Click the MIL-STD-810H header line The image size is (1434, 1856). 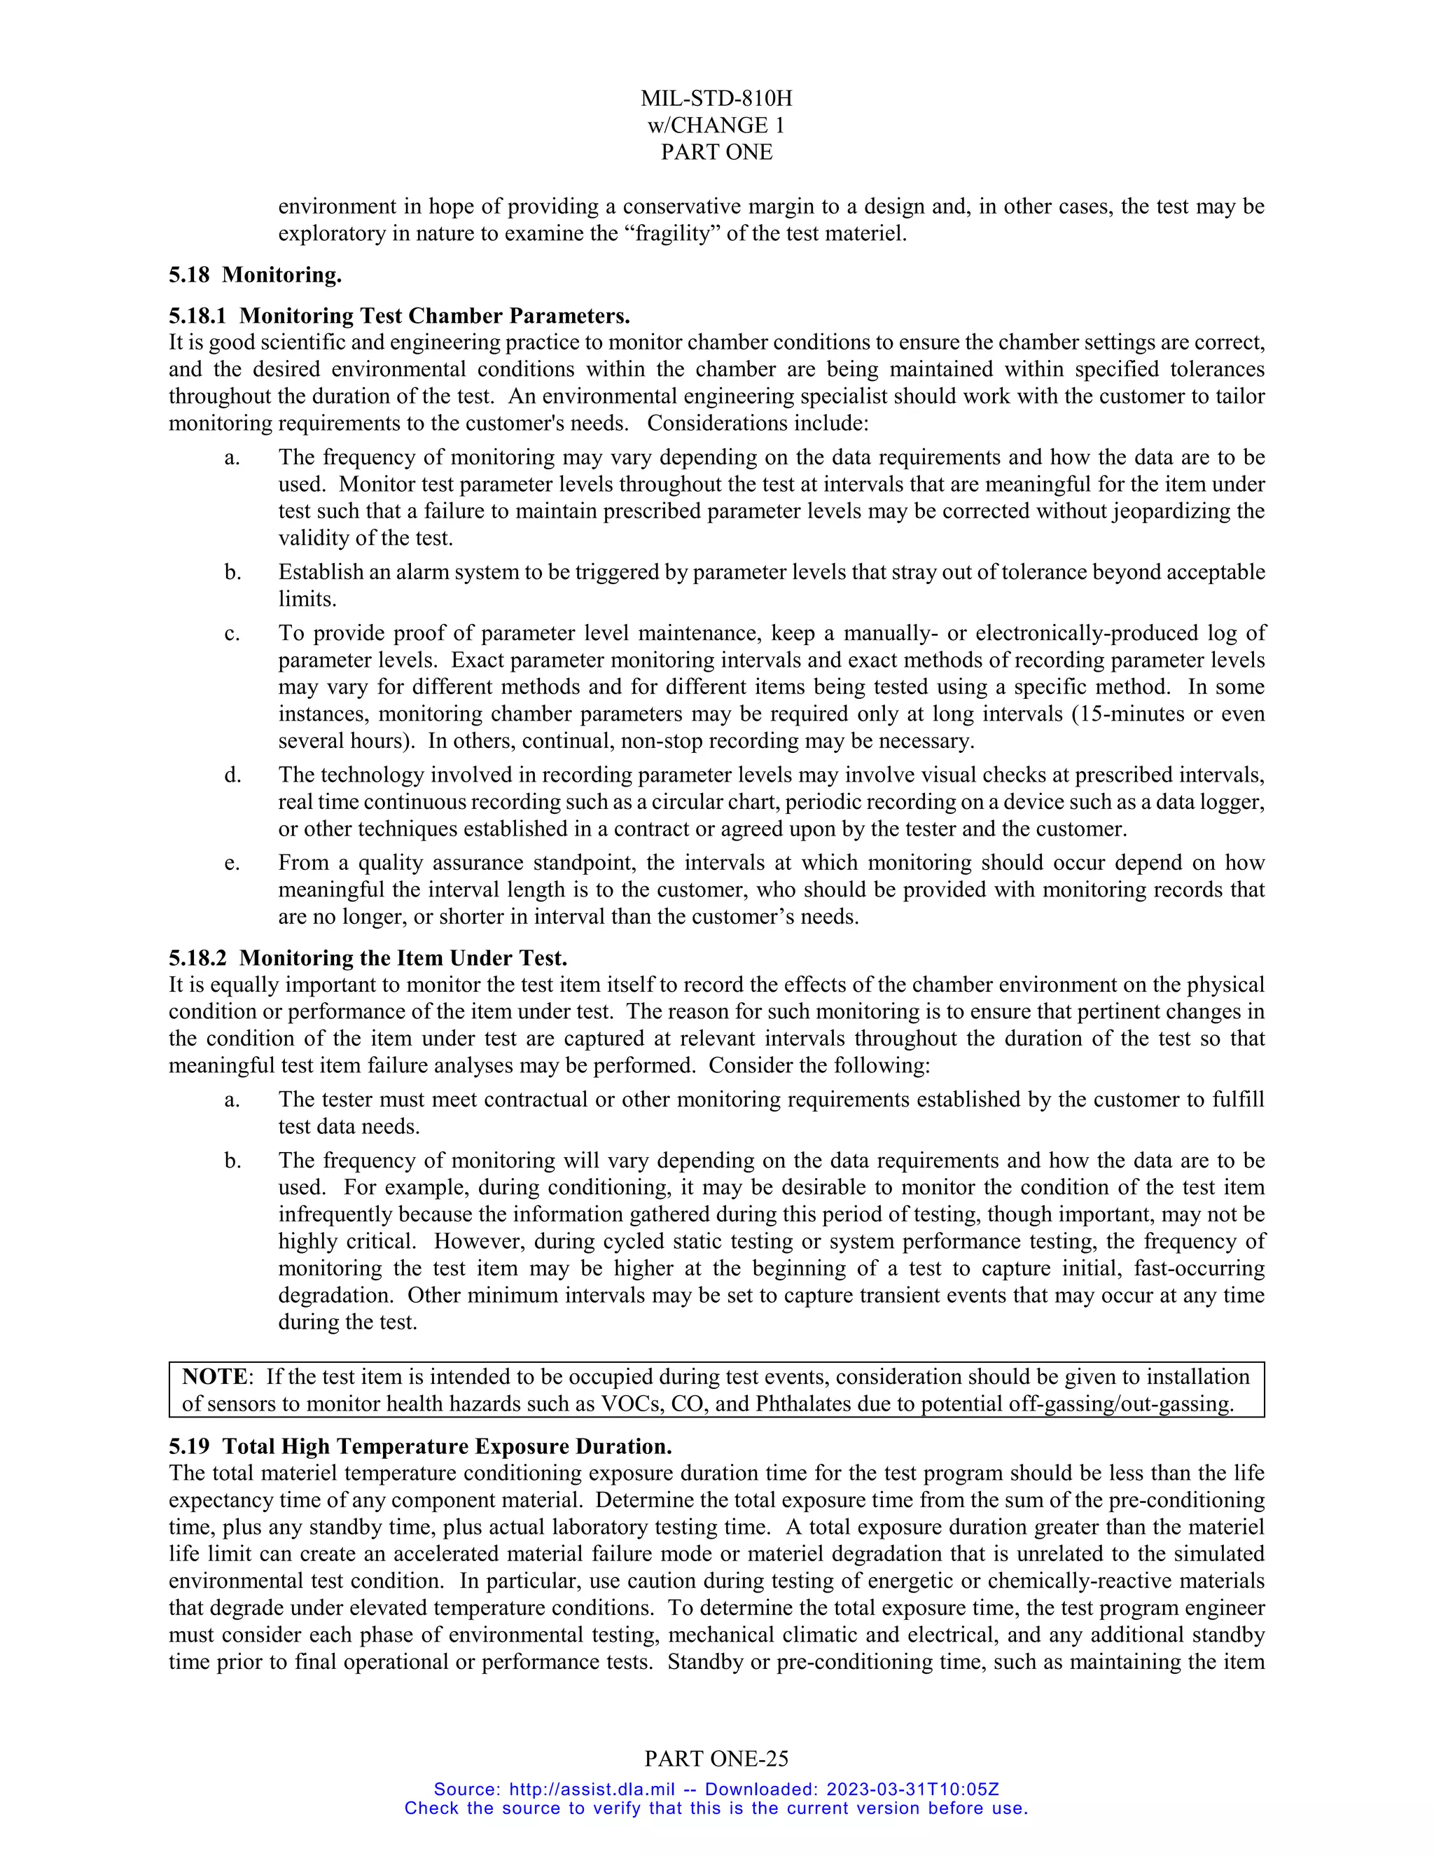(716, 99)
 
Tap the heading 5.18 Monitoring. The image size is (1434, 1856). (255, 275)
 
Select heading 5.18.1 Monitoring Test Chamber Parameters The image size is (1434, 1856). (399, 316)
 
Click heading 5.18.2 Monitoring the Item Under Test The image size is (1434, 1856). (368, 959)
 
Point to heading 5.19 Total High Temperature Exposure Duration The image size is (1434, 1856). (421, 1447)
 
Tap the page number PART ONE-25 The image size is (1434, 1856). (716, 1759)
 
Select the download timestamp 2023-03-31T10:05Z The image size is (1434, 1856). (912, 1789)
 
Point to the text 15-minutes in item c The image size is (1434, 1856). (1134, 714)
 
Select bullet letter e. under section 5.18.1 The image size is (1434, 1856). (232, 864)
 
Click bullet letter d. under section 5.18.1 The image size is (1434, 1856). (232, 776)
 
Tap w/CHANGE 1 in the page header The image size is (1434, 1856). (716, 126)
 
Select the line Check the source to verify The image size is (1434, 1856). (716, 1808)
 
